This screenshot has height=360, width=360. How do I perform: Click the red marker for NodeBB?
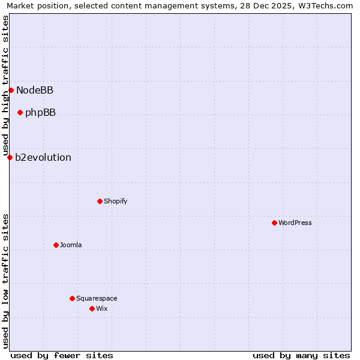point(11,90)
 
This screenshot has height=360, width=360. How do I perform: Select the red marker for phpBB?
point(20,112)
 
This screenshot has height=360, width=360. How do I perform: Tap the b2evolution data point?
point(10,157)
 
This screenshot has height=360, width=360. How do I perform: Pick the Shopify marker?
point(100,201)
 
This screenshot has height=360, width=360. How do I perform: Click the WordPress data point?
point(274,223)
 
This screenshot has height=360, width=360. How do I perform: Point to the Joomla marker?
point(56,245)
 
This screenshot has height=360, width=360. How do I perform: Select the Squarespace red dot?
point(72,298)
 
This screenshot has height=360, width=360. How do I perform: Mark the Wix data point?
point(92,308)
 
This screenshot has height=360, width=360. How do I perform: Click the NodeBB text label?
point(35,91)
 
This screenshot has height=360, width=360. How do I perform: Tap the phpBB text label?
point(40,113)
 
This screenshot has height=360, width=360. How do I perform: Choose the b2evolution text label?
point(43,158)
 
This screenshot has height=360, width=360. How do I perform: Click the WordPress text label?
point(295,223)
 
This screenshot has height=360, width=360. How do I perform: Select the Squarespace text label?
point(97,298)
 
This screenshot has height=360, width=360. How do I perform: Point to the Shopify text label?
point(115,201)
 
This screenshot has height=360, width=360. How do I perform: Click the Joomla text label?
point(71,245)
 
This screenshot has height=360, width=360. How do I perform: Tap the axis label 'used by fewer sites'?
point(62,355)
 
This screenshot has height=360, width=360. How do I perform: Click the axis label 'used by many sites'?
point(301,355)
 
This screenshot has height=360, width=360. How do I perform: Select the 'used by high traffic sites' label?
point(5,86)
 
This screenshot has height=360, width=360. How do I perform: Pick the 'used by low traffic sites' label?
point(5,281)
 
